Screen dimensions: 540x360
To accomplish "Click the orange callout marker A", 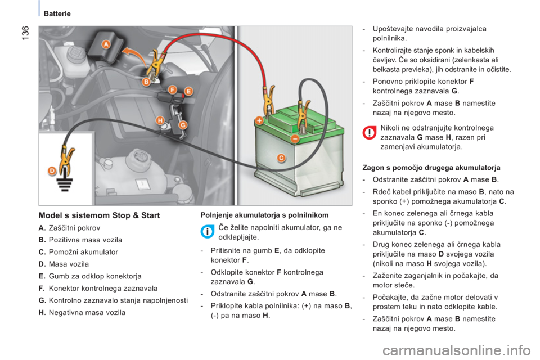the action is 106,44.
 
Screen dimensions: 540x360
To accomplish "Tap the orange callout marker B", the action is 146,82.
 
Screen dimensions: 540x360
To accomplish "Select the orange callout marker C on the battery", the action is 281,157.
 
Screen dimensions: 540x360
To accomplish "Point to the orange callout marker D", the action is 52,170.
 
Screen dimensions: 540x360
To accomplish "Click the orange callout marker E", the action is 188,91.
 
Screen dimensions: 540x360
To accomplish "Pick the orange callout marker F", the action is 172,90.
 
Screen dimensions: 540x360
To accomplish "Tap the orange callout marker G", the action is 182,125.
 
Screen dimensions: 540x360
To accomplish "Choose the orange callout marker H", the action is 160,120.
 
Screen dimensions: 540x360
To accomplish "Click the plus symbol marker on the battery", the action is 259,120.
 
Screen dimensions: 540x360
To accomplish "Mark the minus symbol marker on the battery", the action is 295,138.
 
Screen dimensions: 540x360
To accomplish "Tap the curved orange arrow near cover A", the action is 134,55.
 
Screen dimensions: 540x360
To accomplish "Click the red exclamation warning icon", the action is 369,133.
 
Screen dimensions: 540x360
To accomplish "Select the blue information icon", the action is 208,232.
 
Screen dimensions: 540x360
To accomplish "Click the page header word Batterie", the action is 57,13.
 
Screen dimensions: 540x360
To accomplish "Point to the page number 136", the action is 26,33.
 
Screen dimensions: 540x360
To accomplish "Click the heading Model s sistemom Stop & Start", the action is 99,215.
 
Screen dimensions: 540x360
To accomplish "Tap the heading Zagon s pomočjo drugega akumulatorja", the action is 431,168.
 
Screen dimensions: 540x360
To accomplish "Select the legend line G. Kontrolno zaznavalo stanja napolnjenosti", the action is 113,300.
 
